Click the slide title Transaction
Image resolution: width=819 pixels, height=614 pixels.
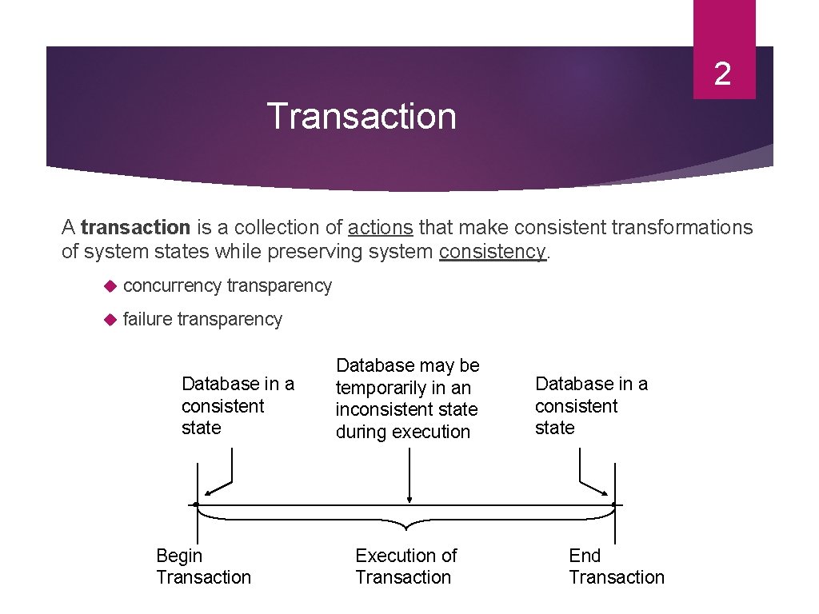[362, 116]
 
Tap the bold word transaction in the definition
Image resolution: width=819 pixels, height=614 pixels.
[135, 228]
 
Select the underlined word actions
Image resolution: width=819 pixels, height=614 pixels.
[380, 228]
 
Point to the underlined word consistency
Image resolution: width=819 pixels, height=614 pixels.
[491, 252]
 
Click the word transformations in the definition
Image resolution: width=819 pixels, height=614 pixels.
[681, 228]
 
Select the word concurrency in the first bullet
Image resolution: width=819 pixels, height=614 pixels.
[172, 286]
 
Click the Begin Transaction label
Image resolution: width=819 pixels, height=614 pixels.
[203, 566]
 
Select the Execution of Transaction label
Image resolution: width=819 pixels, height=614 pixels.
[406, 566]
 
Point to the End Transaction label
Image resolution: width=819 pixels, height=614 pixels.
[616, 566]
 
